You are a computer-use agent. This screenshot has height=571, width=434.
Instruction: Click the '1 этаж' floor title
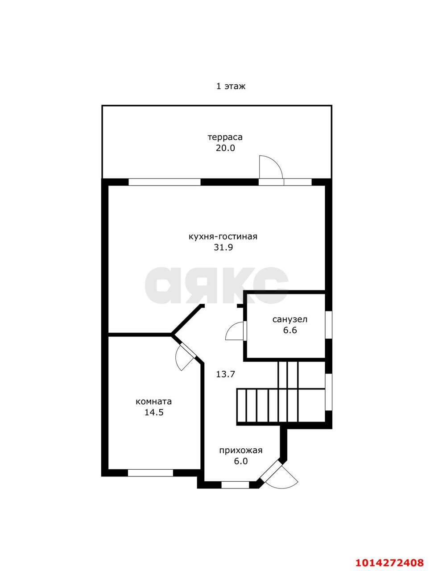[x=231, y=86]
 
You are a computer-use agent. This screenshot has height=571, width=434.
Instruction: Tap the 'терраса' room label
[x=225, y=137]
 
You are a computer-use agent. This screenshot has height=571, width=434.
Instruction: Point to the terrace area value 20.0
[x=225, y=148]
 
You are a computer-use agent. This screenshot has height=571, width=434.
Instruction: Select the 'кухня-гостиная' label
[x=223, y=237]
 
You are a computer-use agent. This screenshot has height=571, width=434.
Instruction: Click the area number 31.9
[x=223, y=248]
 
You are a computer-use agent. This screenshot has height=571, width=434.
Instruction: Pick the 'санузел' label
[x=289, y=319]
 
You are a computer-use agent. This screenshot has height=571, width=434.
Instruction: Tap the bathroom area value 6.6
[x=290, y=331]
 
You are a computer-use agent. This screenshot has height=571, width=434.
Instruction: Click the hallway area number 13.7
[x=225, y=374]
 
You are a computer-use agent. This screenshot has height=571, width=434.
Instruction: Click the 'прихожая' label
[x=241, y=451]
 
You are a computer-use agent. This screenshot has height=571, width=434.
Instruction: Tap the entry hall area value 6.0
[x=241, y=461]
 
